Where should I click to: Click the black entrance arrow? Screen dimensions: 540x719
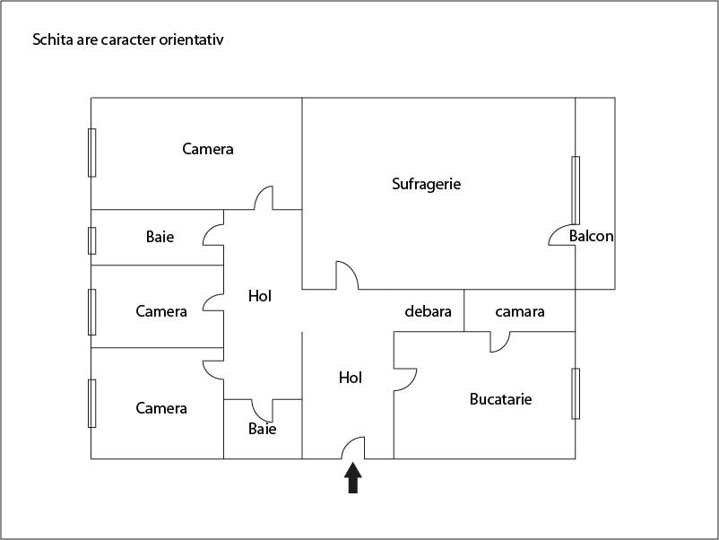(353, 477)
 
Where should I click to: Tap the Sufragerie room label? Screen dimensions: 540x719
(426, 184)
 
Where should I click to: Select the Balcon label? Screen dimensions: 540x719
(592, 237)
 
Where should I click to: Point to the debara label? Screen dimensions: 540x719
(428, 312)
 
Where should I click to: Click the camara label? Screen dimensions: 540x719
(520, 312)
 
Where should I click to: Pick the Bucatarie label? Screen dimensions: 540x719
(500, 398)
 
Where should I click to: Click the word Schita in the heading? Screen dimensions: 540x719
(48, 40)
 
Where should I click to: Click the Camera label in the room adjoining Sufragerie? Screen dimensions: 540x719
(208, 149)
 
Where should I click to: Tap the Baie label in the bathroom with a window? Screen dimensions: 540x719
(160, 238)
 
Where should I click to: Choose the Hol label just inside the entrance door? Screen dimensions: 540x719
(351, 379)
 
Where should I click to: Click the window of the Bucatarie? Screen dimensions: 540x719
(576, 393)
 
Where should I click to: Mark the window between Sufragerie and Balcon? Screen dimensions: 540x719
(576, 190)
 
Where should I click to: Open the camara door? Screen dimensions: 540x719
(499, 342)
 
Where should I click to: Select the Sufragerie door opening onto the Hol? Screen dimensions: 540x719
(346, 276)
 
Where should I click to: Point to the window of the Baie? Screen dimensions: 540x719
(91, 240)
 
